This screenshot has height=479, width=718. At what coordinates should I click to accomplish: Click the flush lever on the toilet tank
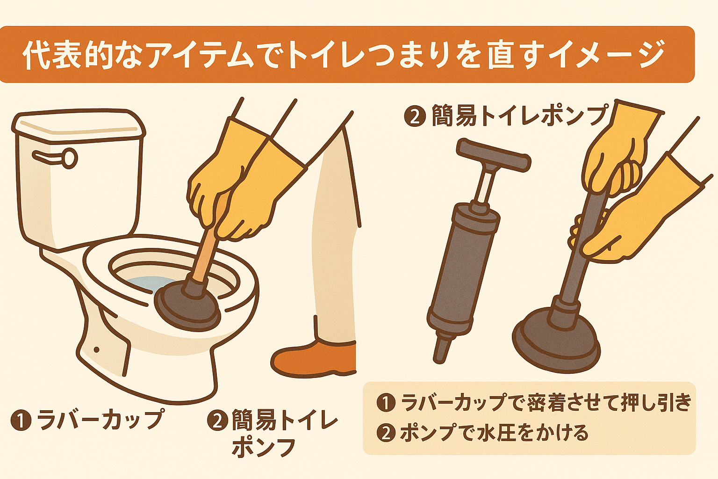coord(56,157)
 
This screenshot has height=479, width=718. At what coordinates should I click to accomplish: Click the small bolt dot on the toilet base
coord(97,349)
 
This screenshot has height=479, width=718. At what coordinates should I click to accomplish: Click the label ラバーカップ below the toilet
coord(101,419)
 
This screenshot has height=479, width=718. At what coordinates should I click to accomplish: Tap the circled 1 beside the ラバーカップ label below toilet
coord(21,420)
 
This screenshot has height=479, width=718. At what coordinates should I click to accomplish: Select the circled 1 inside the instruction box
coord(386,402)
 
